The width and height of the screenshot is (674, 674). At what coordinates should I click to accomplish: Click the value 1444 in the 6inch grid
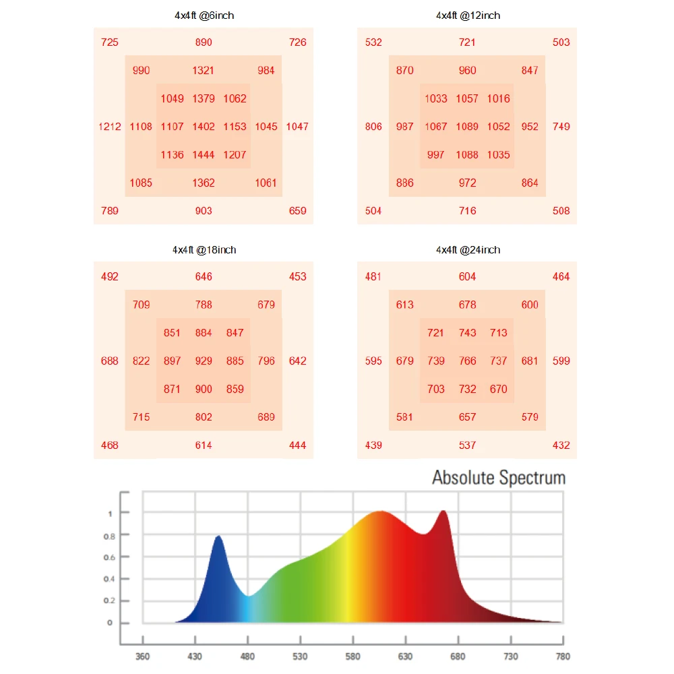(x=204, y=154)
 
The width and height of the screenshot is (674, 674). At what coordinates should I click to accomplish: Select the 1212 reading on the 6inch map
(x=110, y=126)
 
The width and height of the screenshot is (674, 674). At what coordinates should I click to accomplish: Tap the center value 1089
(x=467, y=126)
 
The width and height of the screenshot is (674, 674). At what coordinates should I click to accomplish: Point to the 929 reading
(x=204, y=361)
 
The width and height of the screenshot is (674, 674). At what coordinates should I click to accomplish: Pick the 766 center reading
(x=467, y=361)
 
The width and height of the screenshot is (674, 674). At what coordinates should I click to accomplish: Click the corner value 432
(x=561, y=445)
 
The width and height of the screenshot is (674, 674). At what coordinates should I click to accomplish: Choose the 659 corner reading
(x=297, y=210)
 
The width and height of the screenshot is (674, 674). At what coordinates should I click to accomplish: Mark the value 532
(x=373, y=42)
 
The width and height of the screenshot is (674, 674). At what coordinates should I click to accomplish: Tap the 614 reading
(x=204, y=445)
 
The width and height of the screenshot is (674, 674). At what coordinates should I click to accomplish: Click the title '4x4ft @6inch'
(x=204, y=16)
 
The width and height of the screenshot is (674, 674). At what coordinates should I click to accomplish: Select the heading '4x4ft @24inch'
(x=468, y=250)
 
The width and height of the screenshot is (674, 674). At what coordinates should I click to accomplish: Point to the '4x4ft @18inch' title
(x=204, y=250)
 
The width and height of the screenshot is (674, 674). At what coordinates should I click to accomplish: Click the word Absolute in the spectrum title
(x=463, y=478)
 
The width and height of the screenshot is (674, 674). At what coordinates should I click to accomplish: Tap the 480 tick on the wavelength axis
(x=248, y=656)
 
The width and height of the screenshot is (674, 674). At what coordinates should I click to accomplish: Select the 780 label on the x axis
(x=563, y=656)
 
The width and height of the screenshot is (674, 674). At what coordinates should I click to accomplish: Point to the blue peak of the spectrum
(x=218, y=537)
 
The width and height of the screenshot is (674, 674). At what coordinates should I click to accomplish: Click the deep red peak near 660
(x=443, y=512)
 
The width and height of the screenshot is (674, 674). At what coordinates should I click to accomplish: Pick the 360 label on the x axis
(x=142, y=656)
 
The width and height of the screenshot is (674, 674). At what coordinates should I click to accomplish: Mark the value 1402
(x=204, y=126)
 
